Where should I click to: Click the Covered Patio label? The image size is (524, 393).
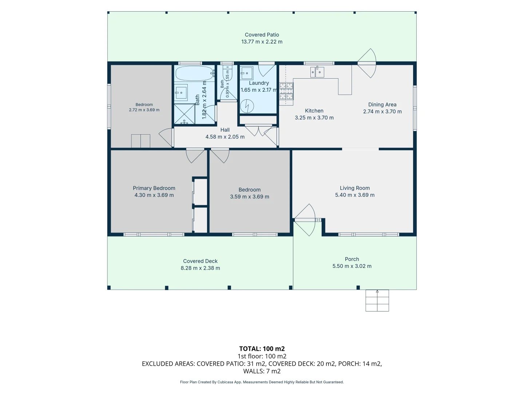[262, 35]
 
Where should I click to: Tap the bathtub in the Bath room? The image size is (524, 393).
[195, 73]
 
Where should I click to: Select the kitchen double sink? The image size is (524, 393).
[317, 72]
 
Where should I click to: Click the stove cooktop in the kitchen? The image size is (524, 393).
[286, 91]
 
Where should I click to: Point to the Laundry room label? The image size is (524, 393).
[259, 83]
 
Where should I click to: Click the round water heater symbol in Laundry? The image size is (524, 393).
[247, 106]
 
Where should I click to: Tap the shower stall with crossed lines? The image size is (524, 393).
[184, 114]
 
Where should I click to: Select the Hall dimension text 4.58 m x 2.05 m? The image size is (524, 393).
[225, 137]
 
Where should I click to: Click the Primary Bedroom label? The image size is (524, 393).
[154, 188]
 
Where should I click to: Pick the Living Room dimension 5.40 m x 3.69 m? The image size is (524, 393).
[355, 195]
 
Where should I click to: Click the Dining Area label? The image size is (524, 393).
[382, 104]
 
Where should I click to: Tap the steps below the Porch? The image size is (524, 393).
[377, 301]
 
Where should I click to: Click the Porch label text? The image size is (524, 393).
[352, 259]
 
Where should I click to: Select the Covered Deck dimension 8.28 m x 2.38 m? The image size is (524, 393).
[200, 268]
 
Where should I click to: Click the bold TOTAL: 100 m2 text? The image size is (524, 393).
[262, 349]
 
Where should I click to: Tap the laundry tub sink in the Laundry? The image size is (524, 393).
[246, 73]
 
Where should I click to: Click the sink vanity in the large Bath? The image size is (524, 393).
[181, 91]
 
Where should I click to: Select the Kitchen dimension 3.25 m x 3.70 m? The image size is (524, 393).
[314, 118]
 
